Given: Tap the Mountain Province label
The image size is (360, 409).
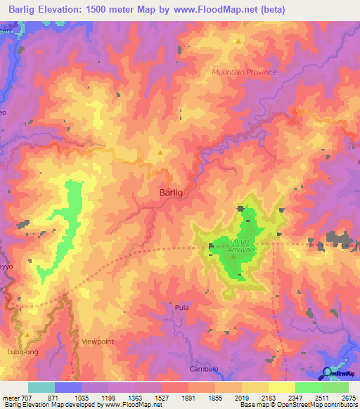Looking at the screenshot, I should pos(245,72).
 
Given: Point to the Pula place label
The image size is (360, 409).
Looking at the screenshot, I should pos(181,308).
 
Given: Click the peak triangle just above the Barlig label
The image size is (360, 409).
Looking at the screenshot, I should pos(160,152).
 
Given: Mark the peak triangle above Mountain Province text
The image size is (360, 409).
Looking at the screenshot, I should pos(238,41).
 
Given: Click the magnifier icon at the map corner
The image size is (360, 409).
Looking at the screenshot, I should pos(328,373).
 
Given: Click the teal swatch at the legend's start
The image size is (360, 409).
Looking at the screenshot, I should pos(41,387).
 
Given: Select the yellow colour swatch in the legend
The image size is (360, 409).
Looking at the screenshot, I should pos(281,387).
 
